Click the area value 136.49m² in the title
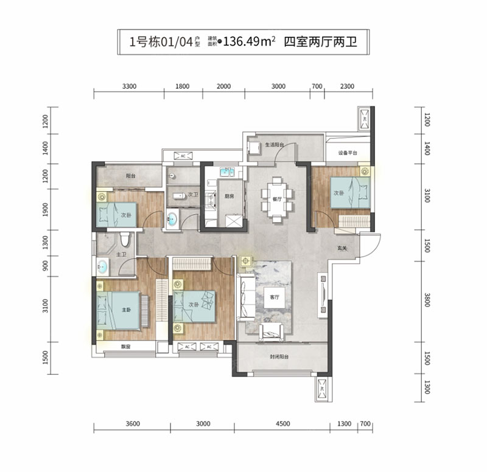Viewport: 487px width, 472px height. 250,42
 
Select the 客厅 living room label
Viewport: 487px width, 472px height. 275,297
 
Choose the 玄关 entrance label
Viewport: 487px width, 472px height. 343,248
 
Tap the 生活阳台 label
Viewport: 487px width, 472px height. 275,145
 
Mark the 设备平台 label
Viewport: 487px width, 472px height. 348,153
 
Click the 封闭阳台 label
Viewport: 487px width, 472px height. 280,358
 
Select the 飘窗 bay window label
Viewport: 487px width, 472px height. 126,347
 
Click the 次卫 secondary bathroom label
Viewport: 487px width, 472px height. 194,195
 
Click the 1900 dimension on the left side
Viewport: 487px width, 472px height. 47,210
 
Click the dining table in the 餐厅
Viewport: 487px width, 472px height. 277,196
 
